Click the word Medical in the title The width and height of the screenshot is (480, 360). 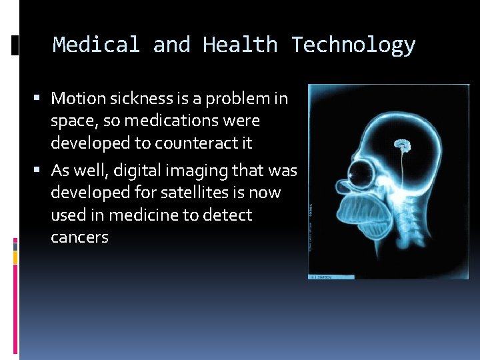[96, 45]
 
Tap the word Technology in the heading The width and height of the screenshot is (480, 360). [353, 45]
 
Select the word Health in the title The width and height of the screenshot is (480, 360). [240, 45]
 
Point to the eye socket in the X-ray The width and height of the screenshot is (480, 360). [361, 175]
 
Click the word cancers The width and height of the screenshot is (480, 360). [79, 237]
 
